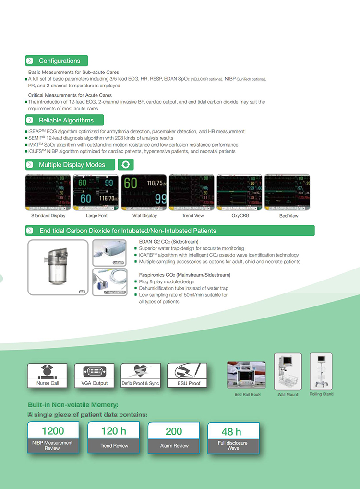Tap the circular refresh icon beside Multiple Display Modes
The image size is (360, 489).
[x=125, y=165]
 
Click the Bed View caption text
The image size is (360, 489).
[x=288, y=216]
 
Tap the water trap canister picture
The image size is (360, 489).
[x=58, y=267]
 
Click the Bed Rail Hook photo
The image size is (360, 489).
[x=246, y=376]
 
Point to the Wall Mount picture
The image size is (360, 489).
[x=288, y=372]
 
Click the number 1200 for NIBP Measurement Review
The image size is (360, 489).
[x=53, y=431]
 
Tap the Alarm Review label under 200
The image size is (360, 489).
[x=174, y=446]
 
